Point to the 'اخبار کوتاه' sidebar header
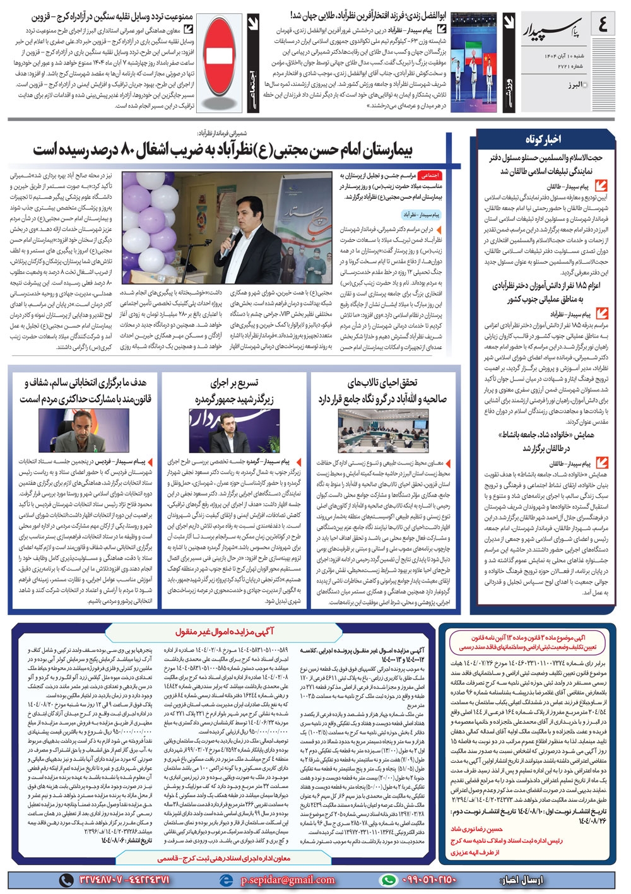click(x=543, y=139)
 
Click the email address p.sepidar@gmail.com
click(x=288, y=879)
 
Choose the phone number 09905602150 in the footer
click(x=428, y=879)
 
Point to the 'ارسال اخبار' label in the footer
click(x=521, y=879)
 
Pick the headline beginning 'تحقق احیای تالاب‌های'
click(x=382, y=391)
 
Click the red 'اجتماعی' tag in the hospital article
click(x=430, y=176)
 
